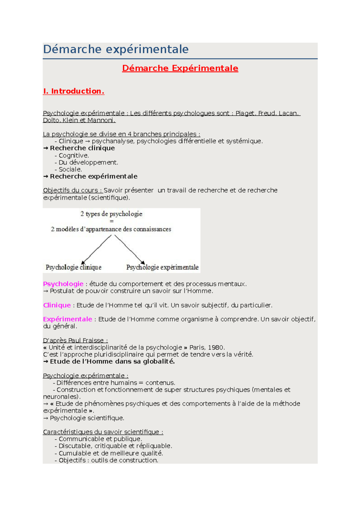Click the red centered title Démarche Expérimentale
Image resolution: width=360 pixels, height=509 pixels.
180,68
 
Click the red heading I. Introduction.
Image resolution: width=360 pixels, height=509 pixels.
74,91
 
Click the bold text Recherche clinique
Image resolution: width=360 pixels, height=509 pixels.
82,148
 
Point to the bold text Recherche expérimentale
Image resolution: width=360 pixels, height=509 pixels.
94,176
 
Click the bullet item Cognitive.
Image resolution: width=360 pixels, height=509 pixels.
73,155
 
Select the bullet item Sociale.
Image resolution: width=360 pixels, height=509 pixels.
70,169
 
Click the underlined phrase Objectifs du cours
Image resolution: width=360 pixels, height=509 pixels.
72,190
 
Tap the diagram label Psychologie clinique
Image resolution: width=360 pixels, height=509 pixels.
73,267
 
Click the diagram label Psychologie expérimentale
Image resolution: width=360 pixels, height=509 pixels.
162,267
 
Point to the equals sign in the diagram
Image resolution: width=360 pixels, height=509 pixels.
112,221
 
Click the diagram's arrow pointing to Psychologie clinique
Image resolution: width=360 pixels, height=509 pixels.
96,249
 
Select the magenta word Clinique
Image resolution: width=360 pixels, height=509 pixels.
57,305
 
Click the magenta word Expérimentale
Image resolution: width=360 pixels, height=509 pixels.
67,319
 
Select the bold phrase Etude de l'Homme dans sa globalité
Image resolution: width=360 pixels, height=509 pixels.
112,362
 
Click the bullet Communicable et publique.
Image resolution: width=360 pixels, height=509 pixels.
100,439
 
